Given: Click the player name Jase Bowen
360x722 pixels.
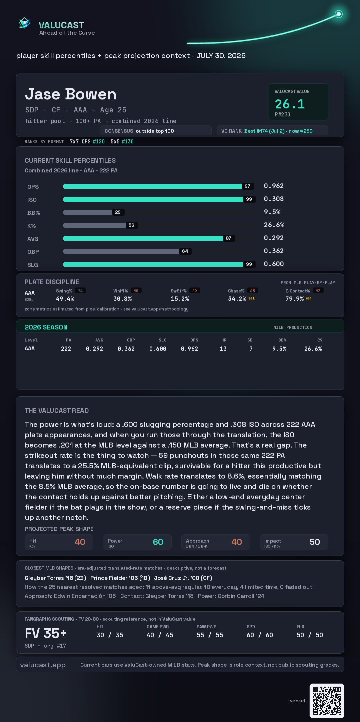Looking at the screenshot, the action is click(x=71, y=94).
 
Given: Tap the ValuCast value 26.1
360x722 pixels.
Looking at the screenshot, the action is click(x=290, y=104).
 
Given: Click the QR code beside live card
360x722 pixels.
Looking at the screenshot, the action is click(x=327, y=700).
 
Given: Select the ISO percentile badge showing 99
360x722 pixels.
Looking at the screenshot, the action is click(x=249, y=199).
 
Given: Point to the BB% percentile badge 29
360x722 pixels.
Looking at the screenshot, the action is click(x=118, y=212).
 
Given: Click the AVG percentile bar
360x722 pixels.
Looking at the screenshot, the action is click(x=143, y=238).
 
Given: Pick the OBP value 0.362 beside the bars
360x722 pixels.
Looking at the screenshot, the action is click(x=274, y=251).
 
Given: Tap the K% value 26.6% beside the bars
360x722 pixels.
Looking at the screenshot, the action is click(x=274, y=225).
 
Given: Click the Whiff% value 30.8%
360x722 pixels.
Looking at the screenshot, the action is click(x=122, y=299).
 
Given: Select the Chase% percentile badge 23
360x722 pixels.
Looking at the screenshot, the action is click(x=253, y=291).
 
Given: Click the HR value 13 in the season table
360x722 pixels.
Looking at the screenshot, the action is click(x=223, y=349).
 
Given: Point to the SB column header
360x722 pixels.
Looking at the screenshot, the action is click(x=250, y=340).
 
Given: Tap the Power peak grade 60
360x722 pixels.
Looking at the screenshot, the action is click(x=158, y=542).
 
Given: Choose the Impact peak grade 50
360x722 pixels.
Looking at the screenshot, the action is click(x=315, y=542).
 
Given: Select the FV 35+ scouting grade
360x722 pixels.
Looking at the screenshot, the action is click(x=46, y=633).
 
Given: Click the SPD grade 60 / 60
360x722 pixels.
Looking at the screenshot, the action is click(x=260, y=635).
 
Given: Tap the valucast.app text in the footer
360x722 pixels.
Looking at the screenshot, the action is click(x=43, y=665).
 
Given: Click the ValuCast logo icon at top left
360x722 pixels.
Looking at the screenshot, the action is click(x=25, y=23).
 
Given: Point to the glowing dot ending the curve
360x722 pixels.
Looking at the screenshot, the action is click(x=339, y=14).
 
